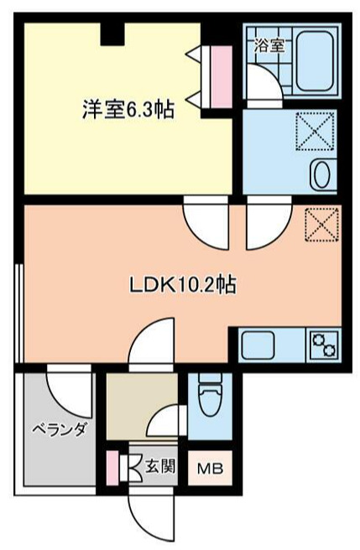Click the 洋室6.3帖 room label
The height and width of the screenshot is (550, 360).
tap(128, 109)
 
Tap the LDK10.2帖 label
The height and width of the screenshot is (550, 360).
tap(182, 284)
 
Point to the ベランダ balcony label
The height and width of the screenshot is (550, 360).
tap(60, 430)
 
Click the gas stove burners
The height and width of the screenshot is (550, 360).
tap(323, 345)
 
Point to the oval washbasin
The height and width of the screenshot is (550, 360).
tap(321, 175)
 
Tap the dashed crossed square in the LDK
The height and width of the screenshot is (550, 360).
tap(321, 224)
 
